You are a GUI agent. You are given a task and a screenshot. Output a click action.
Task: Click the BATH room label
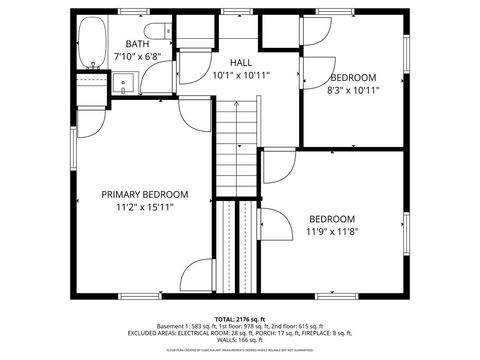136,44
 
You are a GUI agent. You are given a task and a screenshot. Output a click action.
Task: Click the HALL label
240,62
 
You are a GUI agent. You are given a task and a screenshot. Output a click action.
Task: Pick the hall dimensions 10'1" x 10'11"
240,75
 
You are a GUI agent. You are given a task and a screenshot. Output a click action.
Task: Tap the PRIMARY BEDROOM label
145,194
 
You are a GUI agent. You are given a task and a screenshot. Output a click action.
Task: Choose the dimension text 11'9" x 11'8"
332,232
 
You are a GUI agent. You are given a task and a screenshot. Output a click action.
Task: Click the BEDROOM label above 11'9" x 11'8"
332,219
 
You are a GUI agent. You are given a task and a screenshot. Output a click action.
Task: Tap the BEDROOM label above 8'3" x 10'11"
354,78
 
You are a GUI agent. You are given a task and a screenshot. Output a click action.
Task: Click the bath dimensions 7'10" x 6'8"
136,57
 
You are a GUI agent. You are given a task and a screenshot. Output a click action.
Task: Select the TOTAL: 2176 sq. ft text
240,319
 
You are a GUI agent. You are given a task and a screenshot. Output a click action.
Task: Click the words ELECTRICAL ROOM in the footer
206,335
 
